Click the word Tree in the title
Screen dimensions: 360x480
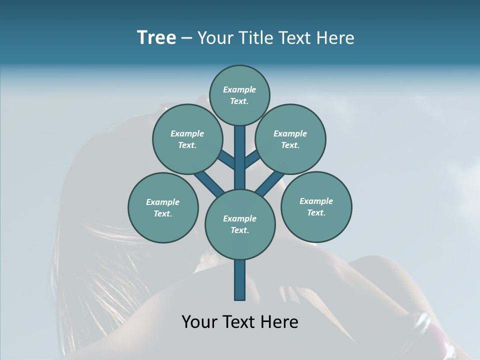tap(156, 37)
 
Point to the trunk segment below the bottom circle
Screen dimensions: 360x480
tap(240, 279)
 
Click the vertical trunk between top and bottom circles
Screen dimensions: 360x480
tap(240, 157)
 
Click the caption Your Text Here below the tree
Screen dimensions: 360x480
tap(240, 322)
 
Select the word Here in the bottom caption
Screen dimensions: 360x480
tap(280, 322)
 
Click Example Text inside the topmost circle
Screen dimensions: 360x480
tap(239, 95)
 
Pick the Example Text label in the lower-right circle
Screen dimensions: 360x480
tap(316, 207)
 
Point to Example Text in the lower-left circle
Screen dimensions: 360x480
tap(163, 208)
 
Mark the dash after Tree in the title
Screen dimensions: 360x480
tap(186, 38)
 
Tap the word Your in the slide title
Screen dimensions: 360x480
tap(213, 38)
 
